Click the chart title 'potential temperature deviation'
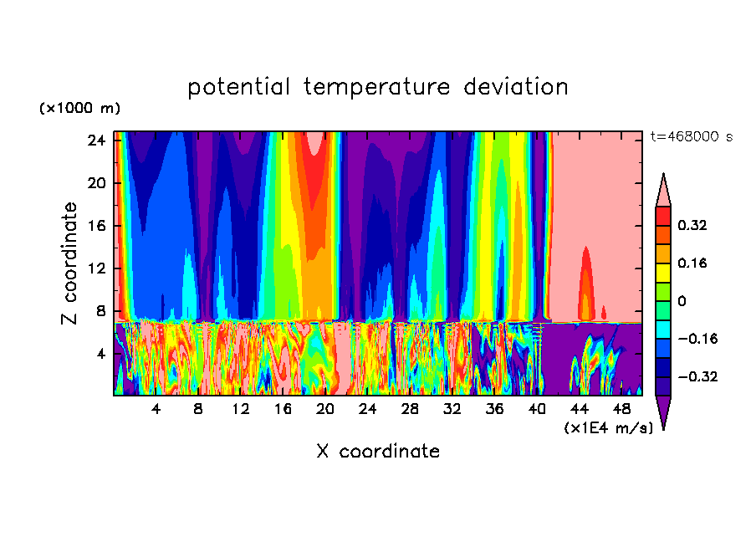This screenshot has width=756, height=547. coord(378,87)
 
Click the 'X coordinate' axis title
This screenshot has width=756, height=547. coord(378,452)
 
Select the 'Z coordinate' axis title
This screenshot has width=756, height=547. coord(70,263)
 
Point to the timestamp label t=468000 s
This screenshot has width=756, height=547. coord(691,136)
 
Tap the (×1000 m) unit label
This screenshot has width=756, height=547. coord(79,109)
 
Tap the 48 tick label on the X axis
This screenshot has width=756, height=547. coord(621,410)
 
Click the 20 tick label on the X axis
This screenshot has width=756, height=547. coord(325,410)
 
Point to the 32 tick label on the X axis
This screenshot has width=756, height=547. coord(452,410)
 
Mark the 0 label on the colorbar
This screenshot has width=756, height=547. coord(682,301)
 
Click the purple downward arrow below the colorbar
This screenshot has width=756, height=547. coord(663,412)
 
